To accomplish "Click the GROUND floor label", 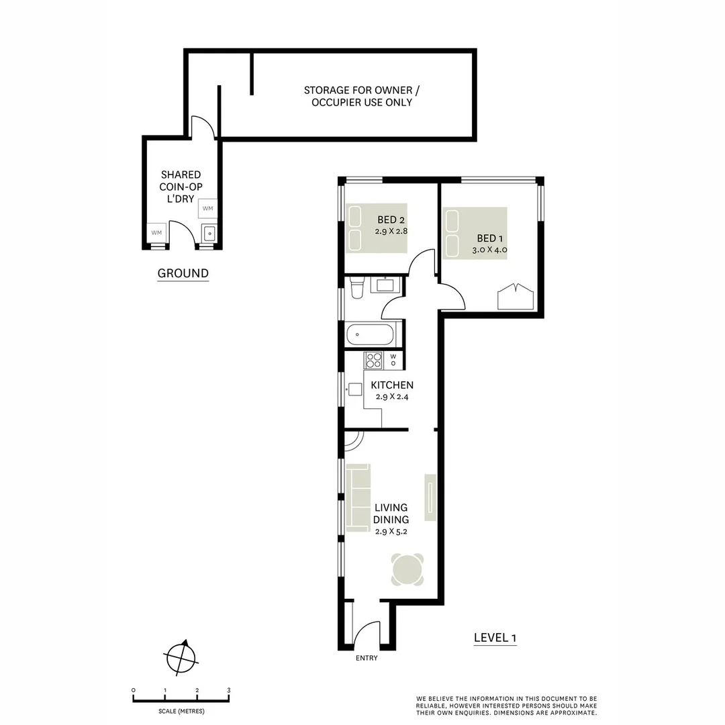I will (x=183, y=273).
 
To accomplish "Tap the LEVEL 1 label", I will (x=495, y=638).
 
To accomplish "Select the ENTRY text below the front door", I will (x=367, y=658).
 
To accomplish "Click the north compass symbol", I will (x=181, y=655).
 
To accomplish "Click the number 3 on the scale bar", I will (x=229, y=690).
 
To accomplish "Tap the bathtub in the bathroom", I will (x=371, y=334).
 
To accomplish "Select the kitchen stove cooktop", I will (x=373, y=360).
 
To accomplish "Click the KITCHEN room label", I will (x=392, y=385).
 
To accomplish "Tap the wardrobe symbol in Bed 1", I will (x=514, y=297).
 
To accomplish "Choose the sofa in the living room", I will (x=358, y=497).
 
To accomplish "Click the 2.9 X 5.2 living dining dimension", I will (x=391, y=531).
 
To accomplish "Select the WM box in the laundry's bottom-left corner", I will (x=157, y=232).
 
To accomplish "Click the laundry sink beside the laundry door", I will (x=209, y=233).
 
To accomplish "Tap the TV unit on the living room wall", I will (x=430, y=497).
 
